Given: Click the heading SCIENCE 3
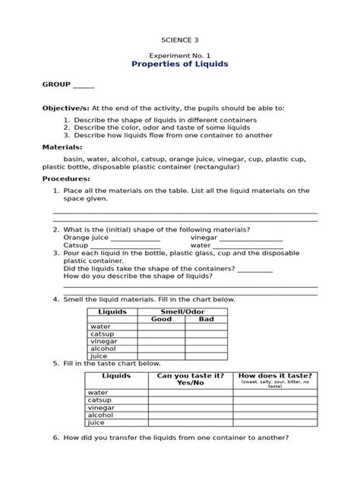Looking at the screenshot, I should coord(179,39).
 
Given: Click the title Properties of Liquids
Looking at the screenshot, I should coord(179,65).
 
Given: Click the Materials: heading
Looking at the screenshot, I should coord(62,147).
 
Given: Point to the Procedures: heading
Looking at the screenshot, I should coord(66,178).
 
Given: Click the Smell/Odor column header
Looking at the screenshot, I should coord(184,311).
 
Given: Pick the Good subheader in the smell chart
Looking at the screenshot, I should coord(161,319).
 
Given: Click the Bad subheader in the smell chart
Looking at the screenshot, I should coord(207,319).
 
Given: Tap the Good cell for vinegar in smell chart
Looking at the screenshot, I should coord(161,341).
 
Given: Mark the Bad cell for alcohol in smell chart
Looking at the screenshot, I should coord(207,348).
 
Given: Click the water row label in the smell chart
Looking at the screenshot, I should coord(100,327).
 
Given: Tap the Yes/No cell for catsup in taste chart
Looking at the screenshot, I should coord(190,400).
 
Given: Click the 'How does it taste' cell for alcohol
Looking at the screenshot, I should coord(275,415).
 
